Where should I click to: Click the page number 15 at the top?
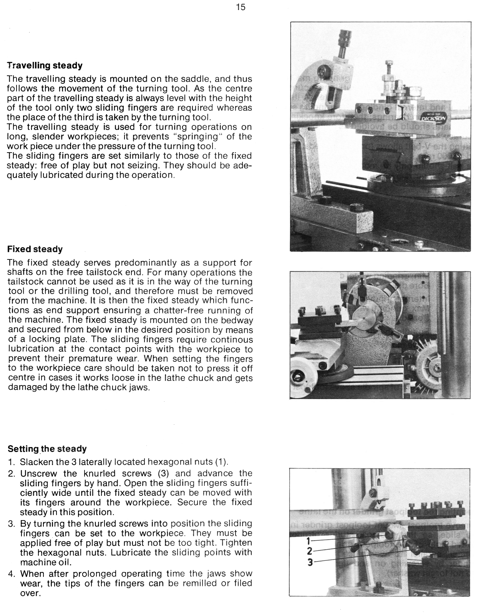[x=241, y=7]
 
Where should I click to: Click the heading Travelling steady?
[x=45, y=66]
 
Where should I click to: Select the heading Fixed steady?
[x=35, y=249]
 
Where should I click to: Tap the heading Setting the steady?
[x=47, y=449]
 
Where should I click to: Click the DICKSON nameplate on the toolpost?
[x=433, y=117]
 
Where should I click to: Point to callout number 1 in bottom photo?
[x=308, y=541]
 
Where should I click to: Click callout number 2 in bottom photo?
[x=309, y=551]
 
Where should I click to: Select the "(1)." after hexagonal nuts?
[x=222, y=462]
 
